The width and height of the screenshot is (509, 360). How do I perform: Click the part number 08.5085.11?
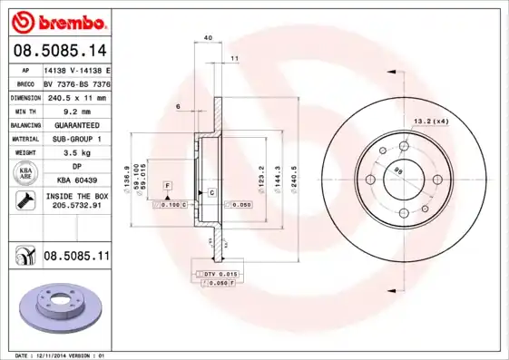[x=76, y=258]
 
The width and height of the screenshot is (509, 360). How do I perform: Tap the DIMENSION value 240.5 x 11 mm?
[x=72, y=96]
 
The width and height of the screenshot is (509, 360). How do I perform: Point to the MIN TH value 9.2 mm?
[x=72, y=111]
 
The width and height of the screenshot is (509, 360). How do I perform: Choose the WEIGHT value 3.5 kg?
[x=72, y=153]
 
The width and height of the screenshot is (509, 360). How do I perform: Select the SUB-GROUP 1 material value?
[x=72, y=139]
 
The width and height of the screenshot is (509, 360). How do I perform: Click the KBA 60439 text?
[x=72, y=181]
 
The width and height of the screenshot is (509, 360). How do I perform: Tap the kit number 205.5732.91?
[x=72, y=207]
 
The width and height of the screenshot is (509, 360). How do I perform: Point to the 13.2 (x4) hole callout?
[x=432, y=121]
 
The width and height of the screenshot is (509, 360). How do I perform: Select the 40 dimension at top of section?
[x=208, y=37]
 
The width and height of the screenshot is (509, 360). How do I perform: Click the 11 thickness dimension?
[x=234, y=58]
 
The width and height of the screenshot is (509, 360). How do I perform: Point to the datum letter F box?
[x=167, y=185]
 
